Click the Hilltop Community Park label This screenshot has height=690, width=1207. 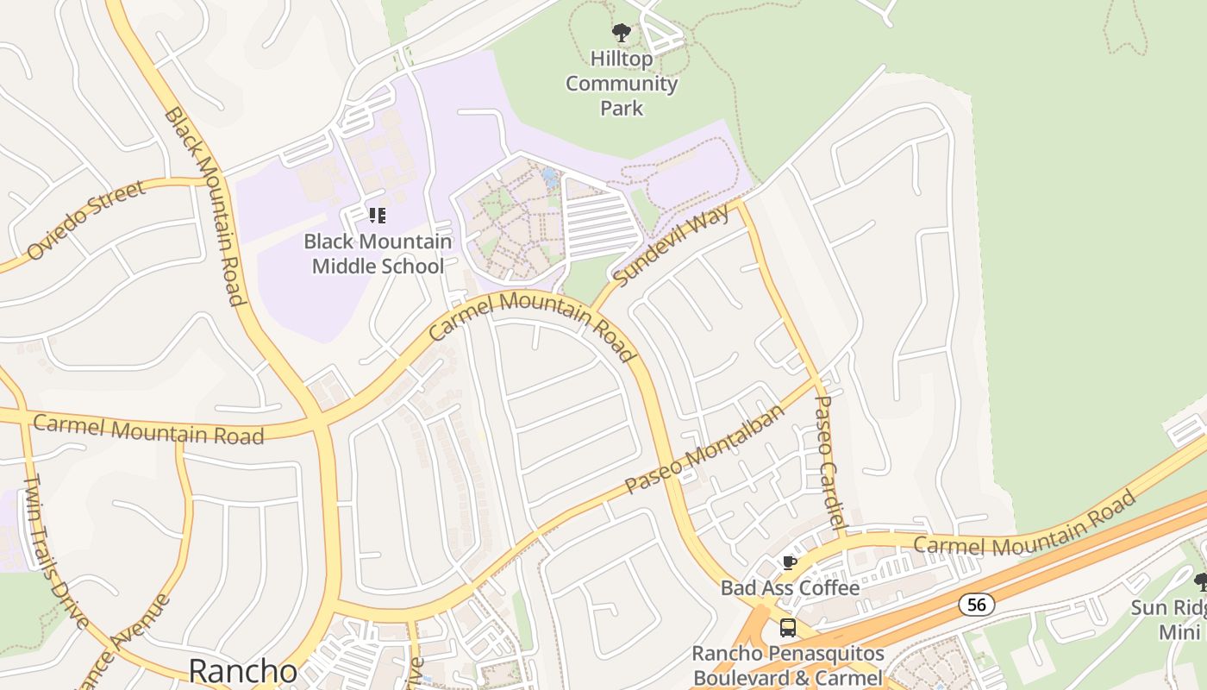622,84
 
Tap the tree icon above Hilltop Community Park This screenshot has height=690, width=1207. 621,34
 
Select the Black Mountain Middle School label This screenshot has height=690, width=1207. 378,254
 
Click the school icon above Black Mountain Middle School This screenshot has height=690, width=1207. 377,215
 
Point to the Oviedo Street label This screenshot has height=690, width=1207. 85,221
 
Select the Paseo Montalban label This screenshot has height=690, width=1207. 705,449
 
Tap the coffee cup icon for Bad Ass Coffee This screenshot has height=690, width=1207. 788,563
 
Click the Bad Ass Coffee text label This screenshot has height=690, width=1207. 790,588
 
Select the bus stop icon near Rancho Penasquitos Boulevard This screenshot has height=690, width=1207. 788,627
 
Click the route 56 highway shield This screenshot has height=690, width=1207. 976,605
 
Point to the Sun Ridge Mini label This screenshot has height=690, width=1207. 1173,619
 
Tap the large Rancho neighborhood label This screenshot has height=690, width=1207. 242,671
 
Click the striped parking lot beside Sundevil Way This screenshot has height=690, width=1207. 601,222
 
